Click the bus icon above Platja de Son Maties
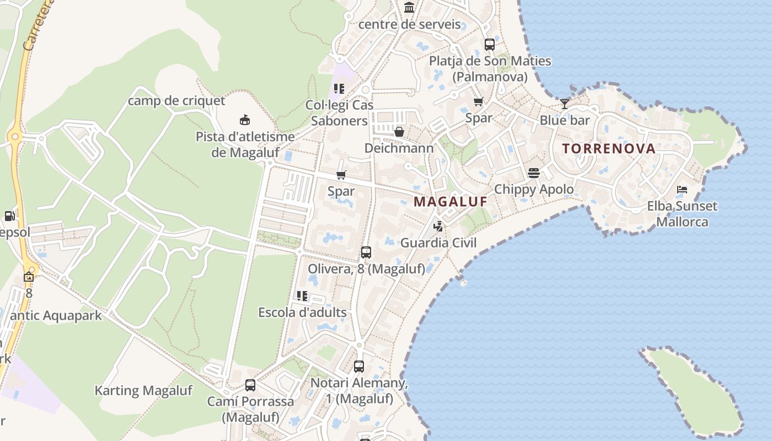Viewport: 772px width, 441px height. [490, 45]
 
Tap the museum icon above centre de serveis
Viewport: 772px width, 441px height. [409, 8]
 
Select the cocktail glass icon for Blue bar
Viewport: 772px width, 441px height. [565, 104]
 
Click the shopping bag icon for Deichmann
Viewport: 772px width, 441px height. [399, 132]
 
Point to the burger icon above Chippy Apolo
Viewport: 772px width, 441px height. [533, 173]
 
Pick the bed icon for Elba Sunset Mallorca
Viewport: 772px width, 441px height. [682, 190]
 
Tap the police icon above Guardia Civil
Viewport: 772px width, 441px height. [438, 226]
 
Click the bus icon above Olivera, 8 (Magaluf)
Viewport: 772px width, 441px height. [366, 252]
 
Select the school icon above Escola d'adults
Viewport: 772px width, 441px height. [302, 296]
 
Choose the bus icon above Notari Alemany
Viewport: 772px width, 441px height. [359, 366]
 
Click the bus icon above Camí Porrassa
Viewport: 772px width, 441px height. [250, 385]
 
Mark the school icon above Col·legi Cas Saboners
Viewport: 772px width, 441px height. [339, 88]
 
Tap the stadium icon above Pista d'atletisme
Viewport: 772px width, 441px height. [244, 120]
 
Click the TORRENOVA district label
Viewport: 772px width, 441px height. [609, 148]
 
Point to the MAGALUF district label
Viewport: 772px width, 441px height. [451, 202]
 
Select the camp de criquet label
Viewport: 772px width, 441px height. [176, 101]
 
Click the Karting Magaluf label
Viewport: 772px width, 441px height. [143, 391]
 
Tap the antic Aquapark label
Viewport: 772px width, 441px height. [56, 315]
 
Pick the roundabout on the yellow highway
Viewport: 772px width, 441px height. [14, 136]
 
